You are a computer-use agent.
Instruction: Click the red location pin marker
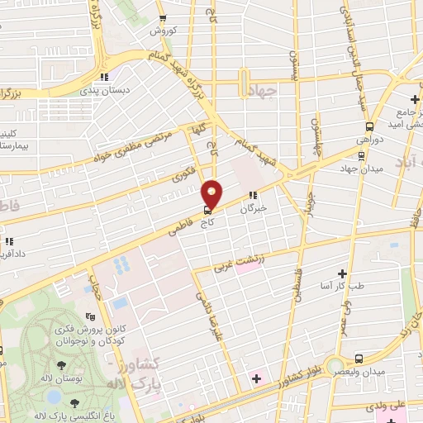pos(212,193)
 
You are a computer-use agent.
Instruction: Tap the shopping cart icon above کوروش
pos(163,17)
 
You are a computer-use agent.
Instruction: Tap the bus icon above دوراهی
pos(368,127)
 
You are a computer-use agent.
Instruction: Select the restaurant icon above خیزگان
pos(253,197)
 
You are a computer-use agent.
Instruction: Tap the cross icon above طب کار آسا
pos(343,273)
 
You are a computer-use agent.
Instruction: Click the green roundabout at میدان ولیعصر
pos(335,365)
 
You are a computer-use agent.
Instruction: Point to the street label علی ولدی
pos(406,405)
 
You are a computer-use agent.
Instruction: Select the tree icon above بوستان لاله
pos(61,365)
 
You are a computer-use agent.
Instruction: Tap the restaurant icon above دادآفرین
pos(9,242)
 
